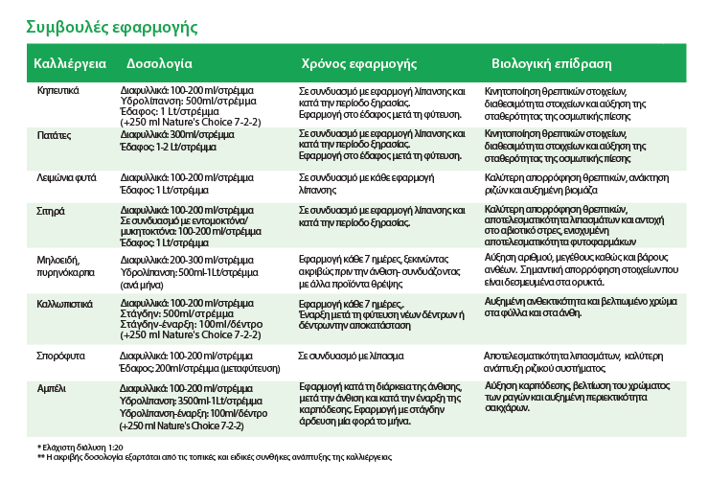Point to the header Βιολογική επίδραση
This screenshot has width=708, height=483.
(x=551, y=64)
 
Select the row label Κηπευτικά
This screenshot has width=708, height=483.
(x=57, y=89)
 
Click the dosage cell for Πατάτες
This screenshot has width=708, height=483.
(x=181, y=141)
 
